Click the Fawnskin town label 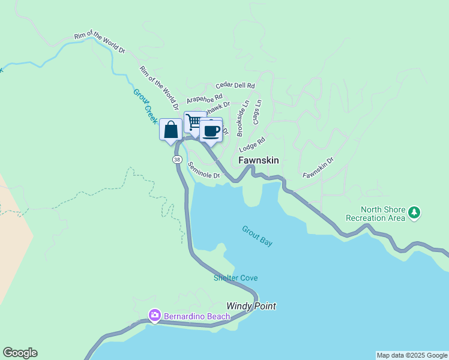[x=258, y=160]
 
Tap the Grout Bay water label [x=258, y=235]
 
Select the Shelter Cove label [x=235, y=278]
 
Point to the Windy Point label [x=251, y=306]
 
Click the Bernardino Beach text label [x=188, y=316]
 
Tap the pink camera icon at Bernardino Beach [x=155, y=315]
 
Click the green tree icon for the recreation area [x=414, y=212]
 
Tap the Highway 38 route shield [x=176, y=160]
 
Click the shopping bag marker [x=170, y=129]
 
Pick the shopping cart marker [x=194, y=121]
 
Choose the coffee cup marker [x=211, y=130]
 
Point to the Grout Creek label [x=145, y=106]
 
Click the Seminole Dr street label [x=204, y=170]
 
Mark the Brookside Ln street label [x=242, y=118]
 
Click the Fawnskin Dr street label [x=318, y=167]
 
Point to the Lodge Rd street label [x=252, y=145]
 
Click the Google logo [x=20, y=353]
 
